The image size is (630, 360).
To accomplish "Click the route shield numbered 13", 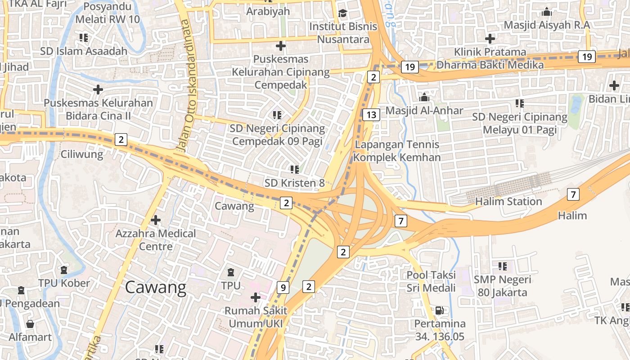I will (x=371, y=115).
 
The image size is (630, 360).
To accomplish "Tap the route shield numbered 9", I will (x=283, y=287).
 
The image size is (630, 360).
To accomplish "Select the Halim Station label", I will (x=508, y=201).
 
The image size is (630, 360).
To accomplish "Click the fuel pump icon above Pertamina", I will (x=439, y=310).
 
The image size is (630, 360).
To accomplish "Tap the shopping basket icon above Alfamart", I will (x=30, y=324).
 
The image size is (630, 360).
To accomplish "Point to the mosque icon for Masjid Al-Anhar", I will (x=424, y=97).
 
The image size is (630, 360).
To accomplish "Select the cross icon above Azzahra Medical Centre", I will (x=156, y=220).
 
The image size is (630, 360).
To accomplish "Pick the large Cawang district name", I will (x=155, y=287).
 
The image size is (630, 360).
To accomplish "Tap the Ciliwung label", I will (x=82, y=155).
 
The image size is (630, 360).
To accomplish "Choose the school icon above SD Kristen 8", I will (x=295, y=169).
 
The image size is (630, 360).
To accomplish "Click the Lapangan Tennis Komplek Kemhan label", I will (x=397, y=151).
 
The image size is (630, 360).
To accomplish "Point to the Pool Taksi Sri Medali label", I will (x=431, y=281).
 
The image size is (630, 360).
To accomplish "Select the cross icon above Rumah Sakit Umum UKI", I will (x=256, y=297).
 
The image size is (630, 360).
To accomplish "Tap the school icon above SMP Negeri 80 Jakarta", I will (x=503, y=266).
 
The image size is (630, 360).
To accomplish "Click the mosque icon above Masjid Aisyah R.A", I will (x=547, y=12).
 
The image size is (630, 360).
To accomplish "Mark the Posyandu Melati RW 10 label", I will (x=108, y=13).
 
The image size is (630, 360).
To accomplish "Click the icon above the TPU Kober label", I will (x=64, y=270).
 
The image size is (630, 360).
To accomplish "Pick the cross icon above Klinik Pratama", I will (x=490, y=39).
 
